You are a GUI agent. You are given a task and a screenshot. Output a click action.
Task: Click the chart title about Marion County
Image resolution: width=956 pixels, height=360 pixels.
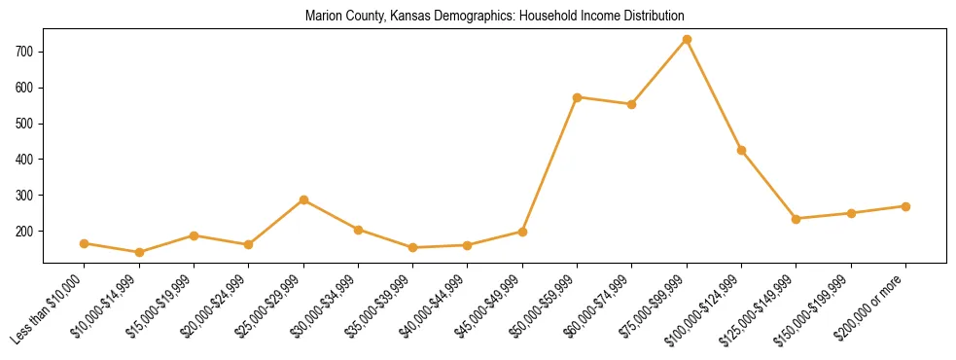(494, 16)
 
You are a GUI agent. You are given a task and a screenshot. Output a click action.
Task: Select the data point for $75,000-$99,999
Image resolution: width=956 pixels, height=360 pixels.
(687, 40)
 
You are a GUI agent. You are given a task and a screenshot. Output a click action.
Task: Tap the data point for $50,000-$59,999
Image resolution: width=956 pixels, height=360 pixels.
(578, 97)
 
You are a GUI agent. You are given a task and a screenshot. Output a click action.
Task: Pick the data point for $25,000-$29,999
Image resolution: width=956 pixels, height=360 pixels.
(303, 200)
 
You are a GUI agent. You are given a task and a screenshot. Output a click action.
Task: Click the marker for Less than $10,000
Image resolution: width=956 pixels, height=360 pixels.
(85, 243)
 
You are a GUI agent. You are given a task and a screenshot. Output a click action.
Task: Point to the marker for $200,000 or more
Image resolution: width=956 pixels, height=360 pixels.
(905, 206)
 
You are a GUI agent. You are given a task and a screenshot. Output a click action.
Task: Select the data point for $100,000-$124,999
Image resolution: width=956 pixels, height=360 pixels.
(741, 150)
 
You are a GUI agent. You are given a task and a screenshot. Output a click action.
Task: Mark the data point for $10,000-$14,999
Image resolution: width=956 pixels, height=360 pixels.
(139, 252)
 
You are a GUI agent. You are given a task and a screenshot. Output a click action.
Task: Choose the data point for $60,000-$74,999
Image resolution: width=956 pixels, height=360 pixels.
(632, 104)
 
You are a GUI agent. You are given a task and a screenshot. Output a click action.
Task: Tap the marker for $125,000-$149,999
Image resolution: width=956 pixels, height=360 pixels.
(797, 219)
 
